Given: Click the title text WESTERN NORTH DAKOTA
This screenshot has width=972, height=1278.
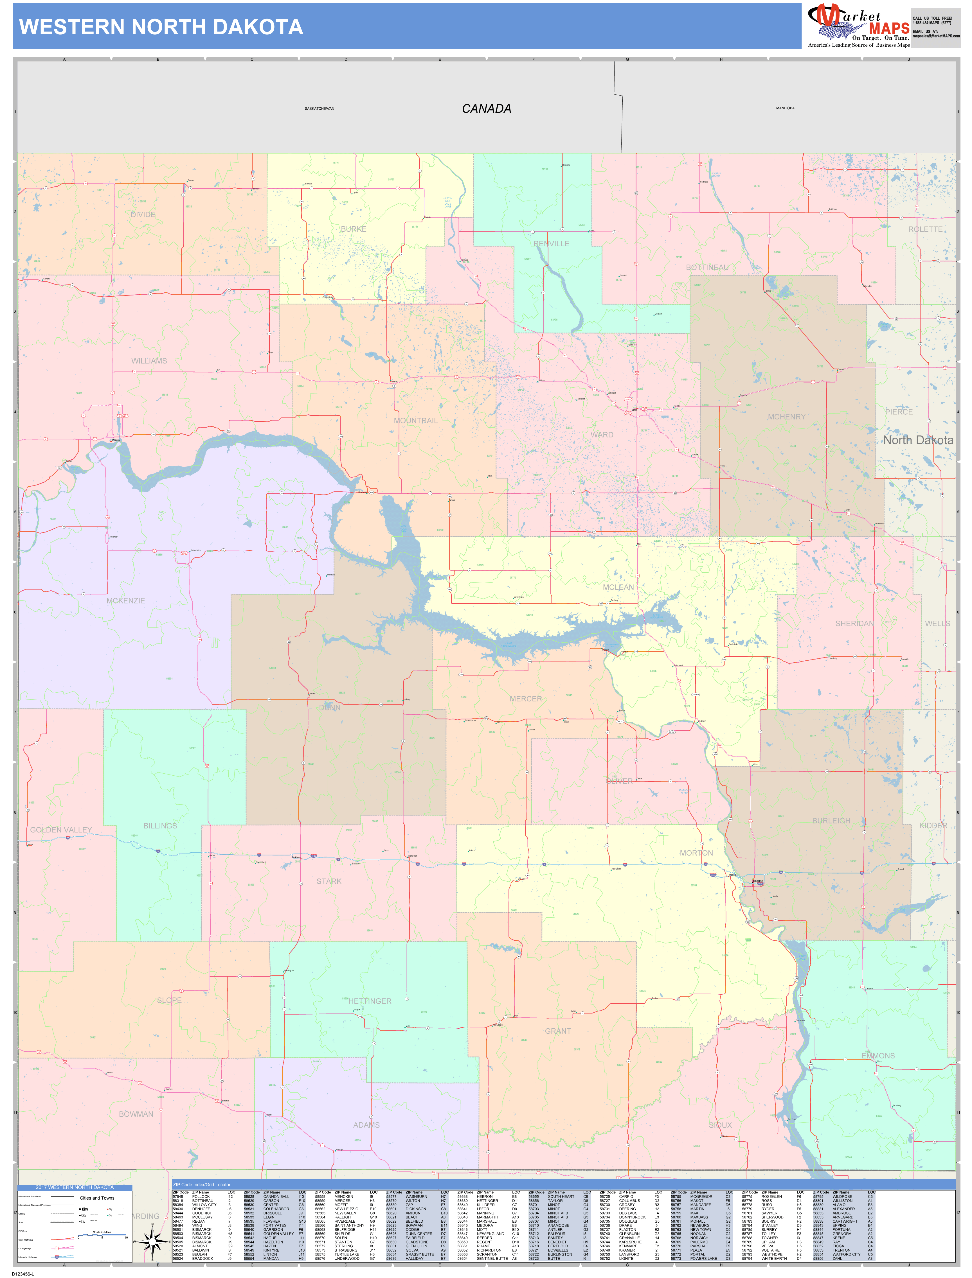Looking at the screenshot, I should [x=161, y=27].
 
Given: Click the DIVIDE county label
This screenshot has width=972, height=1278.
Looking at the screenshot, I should [x=143, y=214].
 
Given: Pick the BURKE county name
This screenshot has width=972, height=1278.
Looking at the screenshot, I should [x=354, y=229].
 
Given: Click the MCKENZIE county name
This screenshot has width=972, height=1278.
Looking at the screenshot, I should [x=125, y=601].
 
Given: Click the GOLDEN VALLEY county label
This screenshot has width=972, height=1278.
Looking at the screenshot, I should [x=61, y=830].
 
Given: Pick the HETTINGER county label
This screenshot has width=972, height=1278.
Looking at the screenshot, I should [x=370, y=1001].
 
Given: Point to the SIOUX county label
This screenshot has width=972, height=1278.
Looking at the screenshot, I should [x=720, y=1125].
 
